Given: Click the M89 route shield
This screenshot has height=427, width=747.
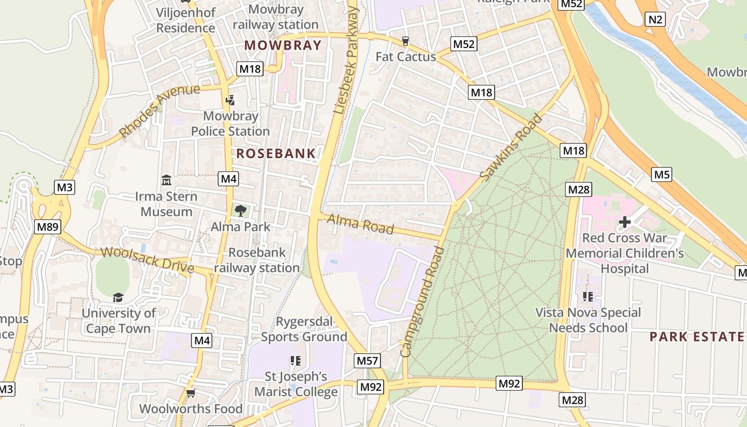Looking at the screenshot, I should pyautogui.click(x=47, y=227).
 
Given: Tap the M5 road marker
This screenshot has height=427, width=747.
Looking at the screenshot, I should pyautogui.click(x=662, y=175).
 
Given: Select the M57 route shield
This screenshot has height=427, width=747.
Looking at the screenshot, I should pyautogui.click(x=368, y=361).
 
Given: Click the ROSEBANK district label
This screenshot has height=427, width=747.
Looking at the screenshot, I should pyautogui.click(x=276, y=154).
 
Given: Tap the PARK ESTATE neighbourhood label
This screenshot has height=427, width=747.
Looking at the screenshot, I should pyautogui.click(x=696, y=337).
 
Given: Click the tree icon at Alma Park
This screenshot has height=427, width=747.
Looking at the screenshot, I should pyautogui.click(x=241, y=210).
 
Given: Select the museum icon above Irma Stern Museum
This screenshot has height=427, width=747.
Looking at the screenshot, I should pyautogui.click(x=166, y=180).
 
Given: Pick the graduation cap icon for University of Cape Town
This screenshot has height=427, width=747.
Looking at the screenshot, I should pyautogui.click(x=118, y=297).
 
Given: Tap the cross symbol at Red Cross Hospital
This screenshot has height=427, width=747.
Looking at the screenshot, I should pyautogui.click(x=625, y=222).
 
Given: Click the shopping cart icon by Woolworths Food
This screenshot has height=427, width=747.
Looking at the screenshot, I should pyautogui.click(x=190, y=393).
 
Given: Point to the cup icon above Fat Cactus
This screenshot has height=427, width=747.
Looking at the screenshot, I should pyautogui.click(x=406, y=41).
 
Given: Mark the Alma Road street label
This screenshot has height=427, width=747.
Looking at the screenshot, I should pyautogui.click(x=360, y=224).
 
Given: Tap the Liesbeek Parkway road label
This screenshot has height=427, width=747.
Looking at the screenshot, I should pyautogui.click(x=347, y=59).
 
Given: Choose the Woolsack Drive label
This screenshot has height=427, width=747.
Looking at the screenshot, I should pyautogui.click(x=147, y=259).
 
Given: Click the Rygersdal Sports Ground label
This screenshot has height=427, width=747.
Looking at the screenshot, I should pyautogui.click(x=304, y=329).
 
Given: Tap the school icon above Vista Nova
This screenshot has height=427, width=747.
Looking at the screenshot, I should pyautogui.click(x=588, y=296).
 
